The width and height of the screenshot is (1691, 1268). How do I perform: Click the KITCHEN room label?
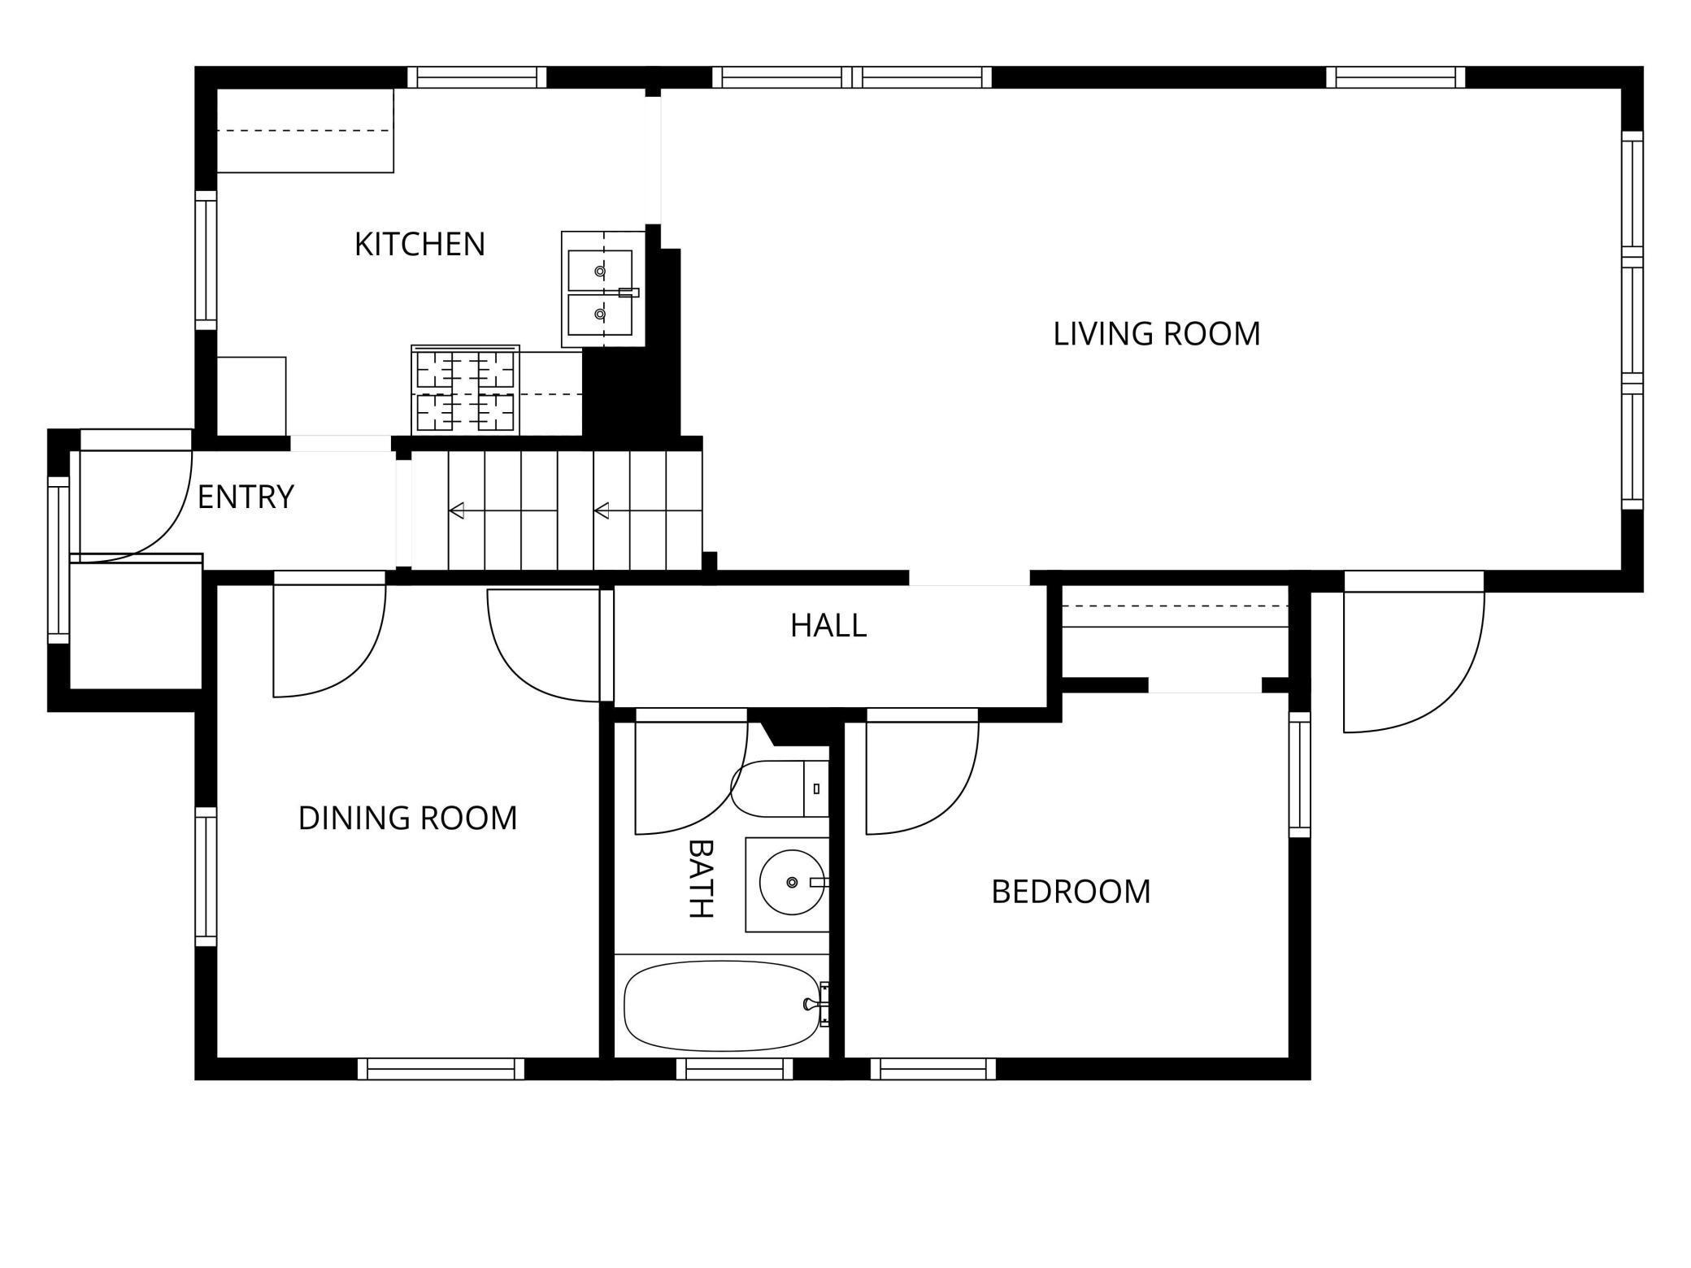[x=419, y=244]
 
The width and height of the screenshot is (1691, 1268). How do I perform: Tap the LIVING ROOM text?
[x=1156, y=334]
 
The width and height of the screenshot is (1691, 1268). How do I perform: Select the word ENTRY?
[x=245, y=497]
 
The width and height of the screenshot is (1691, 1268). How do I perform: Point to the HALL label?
[x=828, y=625]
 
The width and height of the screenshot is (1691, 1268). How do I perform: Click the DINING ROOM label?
[x=407, y=818]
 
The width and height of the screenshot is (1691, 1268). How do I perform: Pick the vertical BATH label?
[x=700, y=878]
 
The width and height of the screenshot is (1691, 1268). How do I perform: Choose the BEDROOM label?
[x=1071, y=892]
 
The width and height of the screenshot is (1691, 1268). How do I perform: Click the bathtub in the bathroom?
[x=722, y=1006]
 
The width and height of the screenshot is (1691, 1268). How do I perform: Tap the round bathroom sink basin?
[x=791, y=883]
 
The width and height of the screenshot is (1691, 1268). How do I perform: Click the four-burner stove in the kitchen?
[x=465, y=391]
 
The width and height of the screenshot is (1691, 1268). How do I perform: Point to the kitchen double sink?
[x=600, y=291]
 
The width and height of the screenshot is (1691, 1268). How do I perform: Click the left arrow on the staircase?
[x=457, y=510]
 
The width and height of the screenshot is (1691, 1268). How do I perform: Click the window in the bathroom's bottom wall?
[x=734, y=1068]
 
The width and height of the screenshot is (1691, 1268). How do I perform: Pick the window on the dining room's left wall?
[x=206, y=876]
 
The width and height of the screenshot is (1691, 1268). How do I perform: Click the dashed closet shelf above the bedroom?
[x=1175, y=606]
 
